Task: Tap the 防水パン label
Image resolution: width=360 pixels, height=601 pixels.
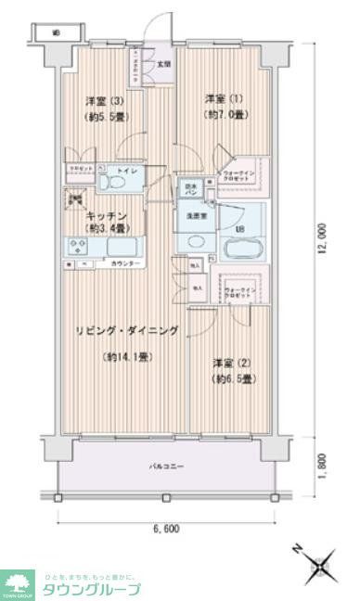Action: tap(189, 188)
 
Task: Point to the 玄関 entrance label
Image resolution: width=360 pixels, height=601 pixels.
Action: tap(163, 64)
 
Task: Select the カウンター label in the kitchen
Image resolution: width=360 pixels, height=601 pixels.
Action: tap(127, 264)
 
